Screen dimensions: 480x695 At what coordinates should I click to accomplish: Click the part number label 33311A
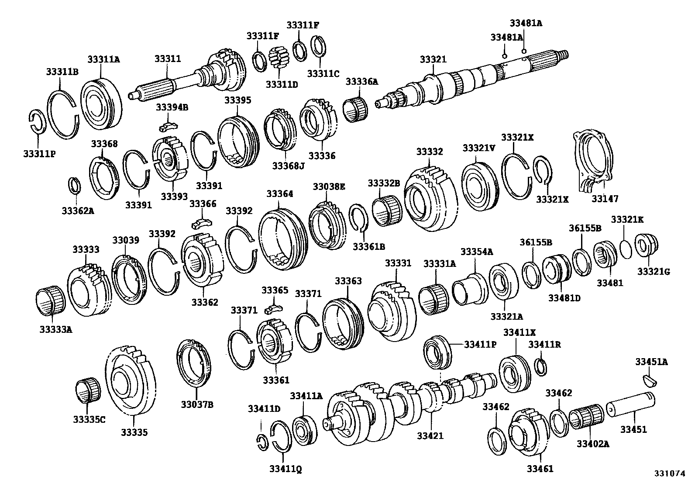(x=103, y=60)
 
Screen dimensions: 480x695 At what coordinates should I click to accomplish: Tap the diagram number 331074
(x=670, y=473)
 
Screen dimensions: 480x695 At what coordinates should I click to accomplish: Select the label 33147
(x=605, y=199)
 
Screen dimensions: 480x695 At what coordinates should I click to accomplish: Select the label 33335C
(x=89, y=419)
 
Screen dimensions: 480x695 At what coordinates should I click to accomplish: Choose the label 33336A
(x=362, y=82)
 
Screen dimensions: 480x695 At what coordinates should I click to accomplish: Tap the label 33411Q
(x=286, y=469)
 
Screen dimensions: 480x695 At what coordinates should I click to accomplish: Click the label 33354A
(x=477, y=252)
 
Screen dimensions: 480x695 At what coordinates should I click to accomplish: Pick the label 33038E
(x=329, y=186)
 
